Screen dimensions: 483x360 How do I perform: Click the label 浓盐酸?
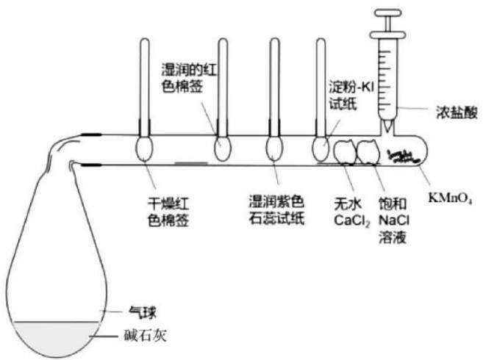457,112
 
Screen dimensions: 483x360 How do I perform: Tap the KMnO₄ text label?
450,198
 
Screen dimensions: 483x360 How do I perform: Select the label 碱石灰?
145,335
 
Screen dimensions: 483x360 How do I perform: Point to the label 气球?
143,313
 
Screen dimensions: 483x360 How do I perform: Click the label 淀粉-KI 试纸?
351,96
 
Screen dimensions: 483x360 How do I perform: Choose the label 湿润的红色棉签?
189,78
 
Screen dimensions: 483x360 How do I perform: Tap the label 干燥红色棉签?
168,212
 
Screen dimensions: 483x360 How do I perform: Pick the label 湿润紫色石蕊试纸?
276,210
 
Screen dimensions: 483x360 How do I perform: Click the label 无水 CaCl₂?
352,212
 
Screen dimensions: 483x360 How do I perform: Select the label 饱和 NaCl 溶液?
393,220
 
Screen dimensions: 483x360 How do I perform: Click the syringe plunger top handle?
388,12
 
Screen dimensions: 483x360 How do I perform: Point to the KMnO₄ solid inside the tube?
403,156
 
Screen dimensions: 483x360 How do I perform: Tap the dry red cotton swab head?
144,148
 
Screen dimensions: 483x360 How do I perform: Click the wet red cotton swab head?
223,148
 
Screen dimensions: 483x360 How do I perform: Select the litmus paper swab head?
274,148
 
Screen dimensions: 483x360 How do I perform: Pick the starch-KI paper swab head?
321,149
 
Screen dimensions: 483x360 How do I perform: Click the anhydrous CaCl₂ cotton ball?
345,151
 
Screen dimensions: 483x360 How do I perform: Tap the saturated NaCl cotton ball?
368,151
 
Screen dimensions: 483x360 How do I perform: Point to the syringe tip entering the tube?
387,126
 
